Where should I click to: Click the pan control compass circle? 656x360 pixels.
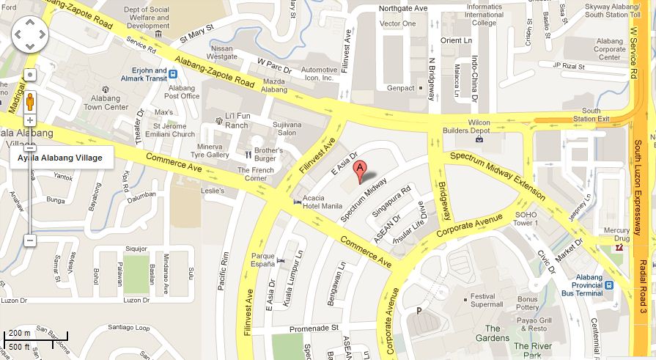coord(30,33)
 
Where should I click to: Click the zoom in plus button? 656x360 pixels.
coord(30,120)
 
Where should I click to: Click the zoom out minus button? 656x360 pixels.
coord(30,240)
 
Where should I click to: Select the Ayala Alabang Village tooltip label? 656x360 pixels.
coord(59,158)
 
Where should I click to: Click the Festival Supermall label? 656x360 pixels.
coord(486,300)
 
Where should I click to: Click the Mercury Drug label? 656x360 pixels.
coord(616,235)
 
